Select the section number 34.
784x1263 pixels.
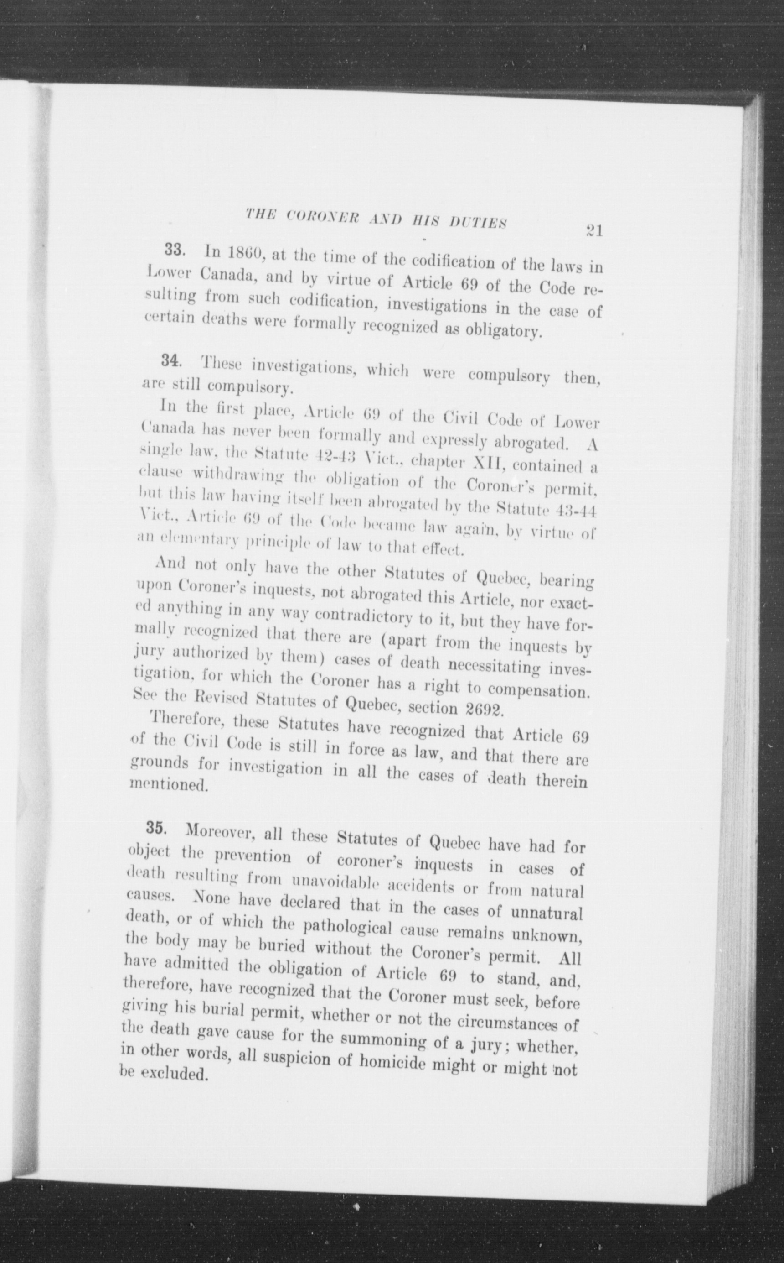click(171, 360)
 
